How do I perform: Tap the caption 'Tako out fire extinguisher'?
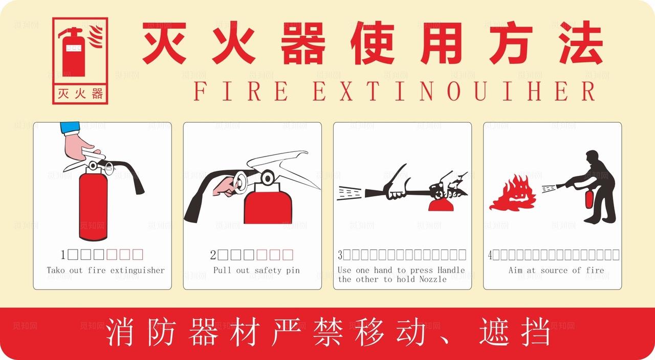tap(105, 270)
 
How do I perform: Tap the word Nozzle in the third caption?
tap(433, 279)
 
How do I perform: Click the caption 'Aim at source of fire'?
tap(556, 270)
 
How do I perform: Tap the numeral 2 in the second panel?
tap(213, 255)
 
